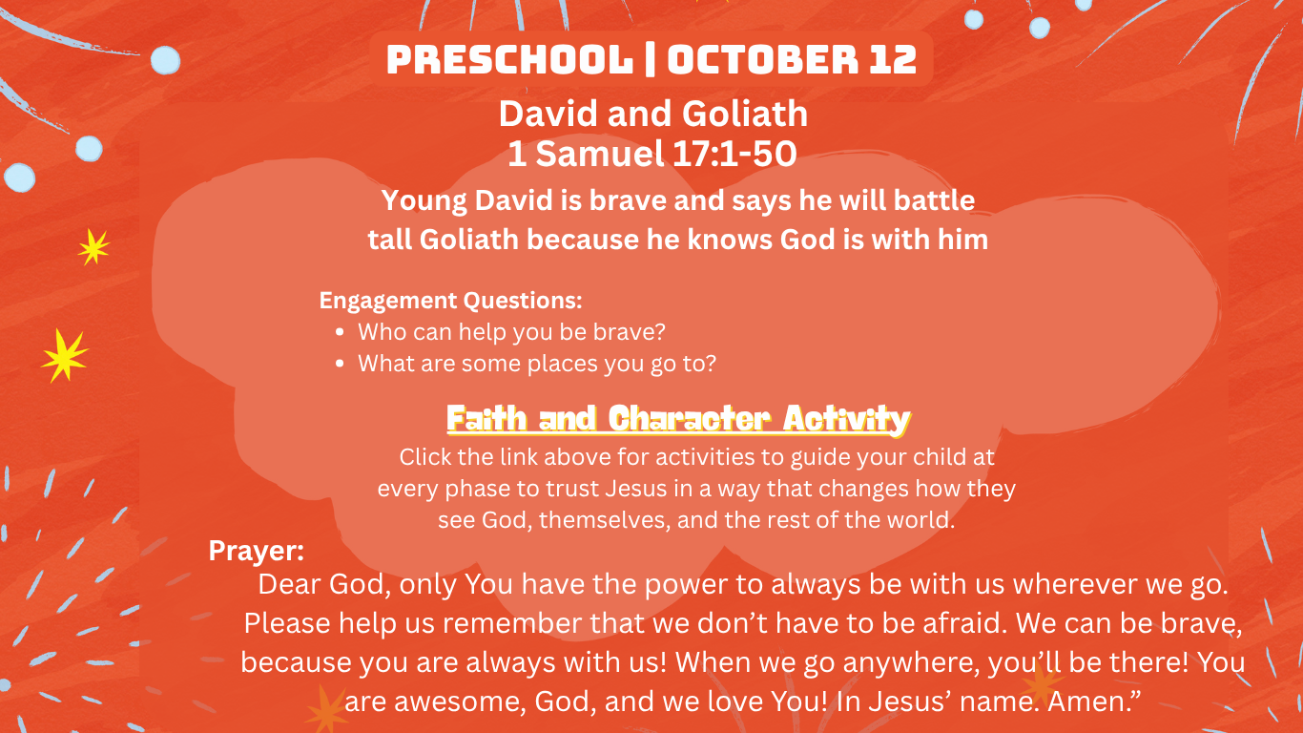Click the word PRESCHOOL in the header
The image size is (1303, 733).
point(509,59)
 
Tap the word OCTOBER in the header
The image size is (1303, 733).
point(762,59)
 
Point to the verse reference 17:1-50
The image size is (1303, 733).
point(734,154)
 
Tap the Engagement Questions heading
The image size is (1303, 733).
point(451,301)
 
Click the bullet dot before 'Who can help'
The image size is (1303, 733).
point(341,332)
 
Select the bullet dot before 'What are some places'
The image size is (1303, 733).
point(341,364)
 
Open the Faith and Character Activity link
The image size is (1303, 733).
point(678,419)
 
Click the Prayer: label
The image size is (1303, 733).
point(257,551)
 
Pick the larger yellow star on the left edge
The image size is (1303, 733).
point(65,355)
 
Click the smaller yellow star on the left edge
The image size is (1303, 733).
point(93,247)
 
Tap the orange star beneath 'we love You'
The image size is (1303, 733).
point(327,709)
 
